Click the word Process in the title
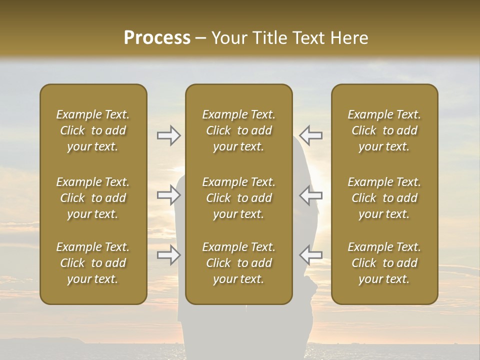tap(157, 38)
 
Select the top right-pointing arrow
tap(168, 135)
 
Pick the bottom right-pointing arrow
tap(168, 255)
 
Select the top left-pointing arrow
tap(310, 135)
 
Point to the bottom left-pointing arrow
tap(310, 255)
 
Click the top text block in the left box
tap(93, 130)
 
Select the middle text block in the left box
tap(93, 198)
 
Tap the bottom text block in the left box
tap(93, 263)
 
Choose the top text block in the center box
tap(238, 130)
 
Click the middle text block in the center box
tap(238, 198)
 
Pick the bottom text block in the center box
tap(238, 263)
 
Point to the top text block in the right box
tap(384, 130)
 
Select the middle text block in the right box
tap(384, 198)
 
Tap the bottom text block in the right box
tap(384, 263)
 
